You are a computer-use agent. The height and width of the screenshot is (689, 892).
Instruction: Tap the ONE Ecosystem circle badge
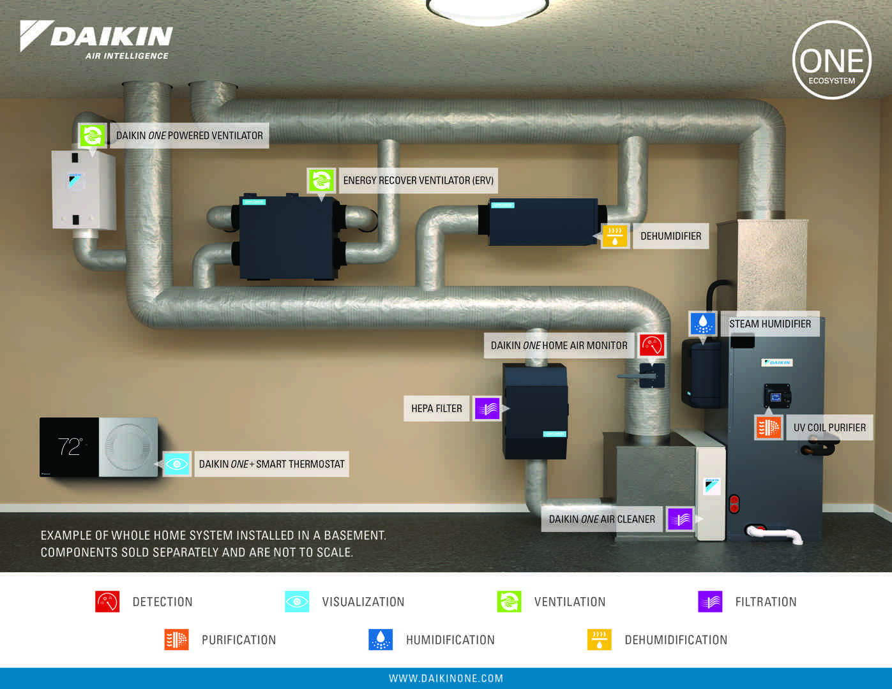tap(831, 61)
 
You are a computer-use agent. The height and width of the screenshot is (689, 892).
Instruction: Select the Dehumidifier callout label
tap(670, 236)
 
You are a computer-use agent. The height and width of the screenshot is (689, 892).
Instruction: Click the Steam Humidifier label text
tap(769, 324)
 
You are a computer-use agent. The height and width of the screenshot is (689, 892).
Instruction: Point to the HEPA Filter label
tap(436, 408)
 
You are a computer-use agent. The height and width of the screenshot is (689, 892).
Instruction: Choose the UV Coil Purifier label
tap(829, 427)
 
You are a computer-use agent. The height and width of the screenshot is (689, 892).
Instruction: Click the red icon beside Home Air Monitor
tap(652, 345)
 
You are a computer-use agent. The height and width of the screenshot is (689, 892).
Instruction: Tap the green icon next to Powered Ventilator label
tap(92, 135)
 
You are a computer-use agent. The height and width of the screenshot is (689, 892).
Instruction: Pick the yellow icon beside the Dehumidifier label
tap(615, 236)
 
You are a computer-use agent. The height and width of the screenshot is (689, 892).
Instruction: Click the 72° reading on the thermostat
tap(69, 447)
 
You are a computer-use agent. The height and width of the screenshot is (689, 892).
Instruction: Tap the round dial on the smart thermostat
tap(128, 447)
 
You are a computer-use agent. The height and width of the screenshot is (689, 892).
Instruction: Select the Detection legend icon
tap(107, 602)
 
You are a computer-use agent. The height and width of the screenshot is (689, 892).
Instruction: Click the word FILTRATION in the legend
tap(766, 602)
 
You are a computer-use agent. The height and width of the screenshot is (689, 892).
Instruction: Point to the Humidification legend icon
tap(381, 639)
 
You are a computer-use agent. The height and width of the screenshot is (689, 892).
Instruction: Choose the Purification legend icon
tap(176, 639)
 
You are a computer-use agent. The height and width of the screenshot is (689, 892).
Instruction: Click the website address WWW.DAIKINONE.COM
tap(446, 678)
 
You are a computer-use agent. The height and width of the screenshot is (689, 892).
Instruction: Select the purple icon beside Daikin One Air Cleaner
tap(680, 519)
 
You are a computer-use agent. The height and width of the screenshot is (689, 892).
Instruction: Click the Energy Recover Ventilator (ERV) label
tap(418, 181)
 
